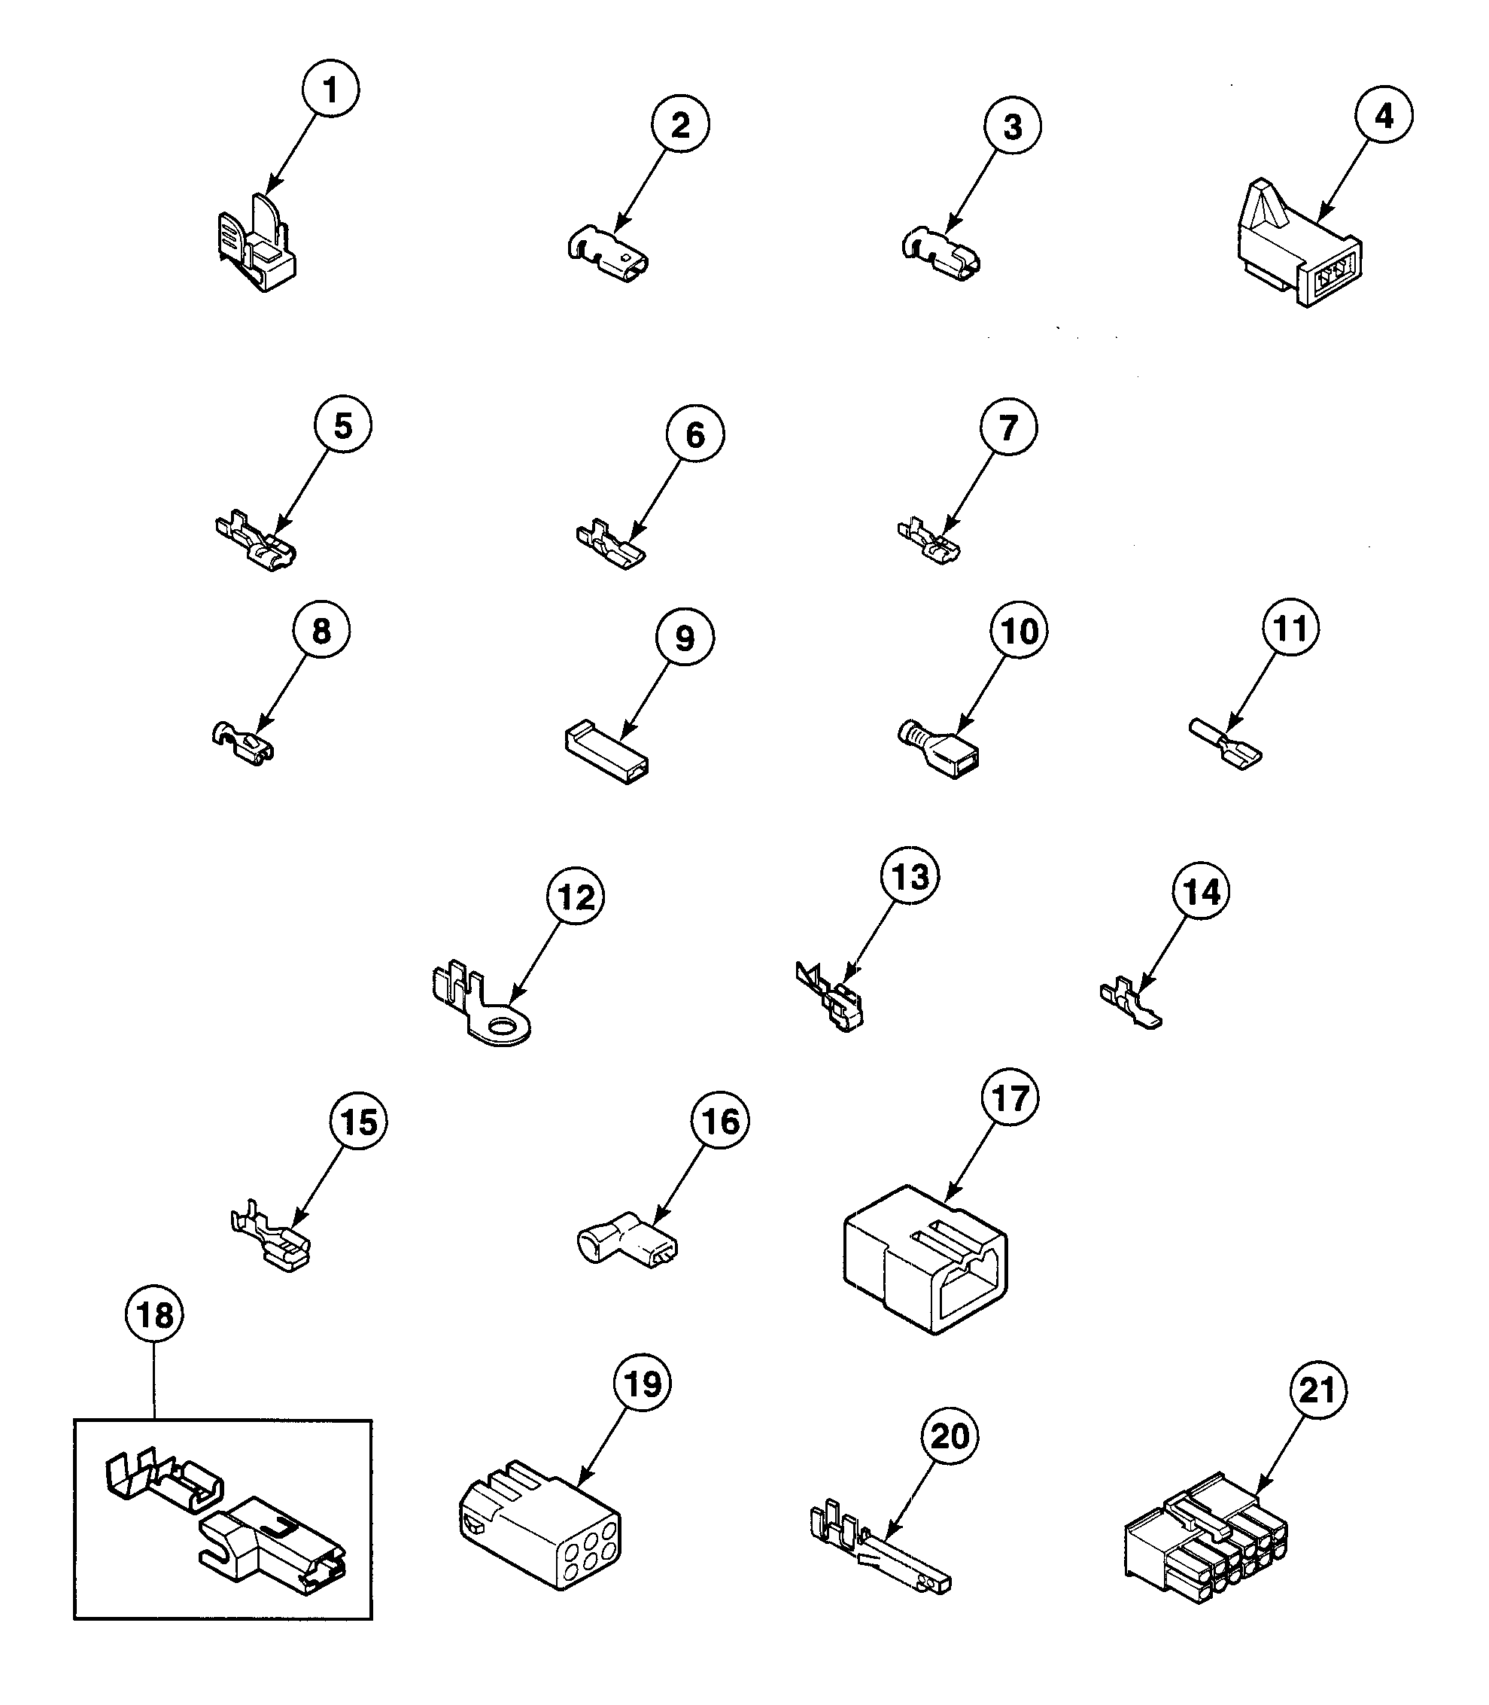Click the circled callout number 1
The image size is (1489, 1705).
pyautogui.click(x=330, y=89)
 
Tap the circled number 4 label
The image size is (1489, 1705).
pyautogui.click(x=1384, y=116)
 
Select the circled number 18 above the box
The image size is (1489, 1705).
pyautogui.click(x=154, y=1315)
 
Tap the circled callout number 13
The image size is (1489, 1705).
pyautogui.click(x=910, y=876)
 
